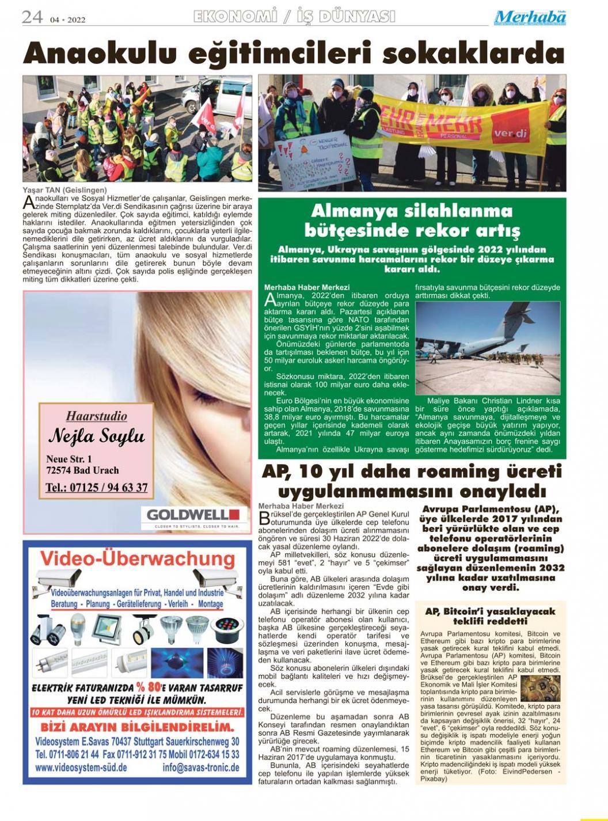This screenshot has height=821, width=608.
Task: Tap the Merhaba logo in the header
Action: (530, 17)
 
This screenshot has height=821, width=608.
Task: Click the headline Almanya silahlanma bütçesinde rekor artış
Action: (412, 221)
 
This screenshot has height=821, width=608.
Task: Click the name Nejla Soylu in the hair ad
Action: (96, 436)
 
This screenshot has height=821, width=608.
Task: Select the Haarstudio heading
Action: (96, 416)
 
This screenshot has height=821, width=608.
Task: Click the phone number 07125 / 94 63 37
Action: (96, 488)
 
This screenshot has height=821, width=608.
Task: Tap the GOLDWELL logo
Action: (193, 514)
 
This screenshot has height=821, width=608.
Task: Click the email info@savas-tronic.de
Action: (201, 767)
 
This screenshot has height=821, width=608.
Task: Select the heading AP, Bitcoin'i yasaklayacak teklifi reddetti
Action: (489, 616)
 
